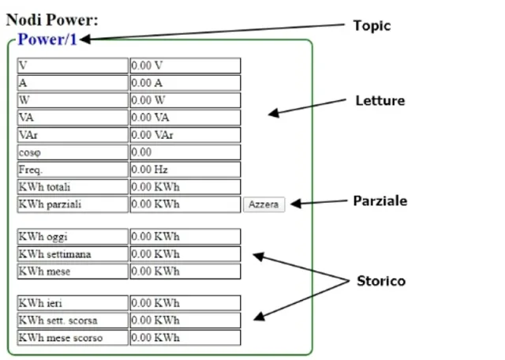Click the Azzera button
coord(264,204)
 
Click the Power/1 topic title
coord(47,40)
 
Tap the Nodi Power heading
coord(52,20)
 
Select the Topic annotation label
coord(372,26)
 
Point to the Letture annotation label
coord(380,101)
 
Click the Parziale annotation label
coord(380,201)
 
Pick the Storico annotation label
coord(381,281)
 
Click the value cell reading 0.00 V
coord(185,66)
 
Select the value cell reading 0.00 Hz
coord(185,170)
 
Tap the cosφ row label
coord(72,152)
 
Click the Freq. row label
coord(72,170)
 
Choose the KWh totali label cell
coord(72,187)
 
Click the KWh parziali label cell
coord(72,204)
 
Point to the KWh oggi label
coord(72,237)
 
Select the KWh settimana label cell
coord(72,254)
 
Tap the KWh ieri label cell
coord(72,303)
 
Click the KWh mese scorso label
coord(72,338)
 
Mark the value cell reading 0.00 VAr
coord(185,135)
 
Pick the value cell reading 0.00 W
coord(185,100)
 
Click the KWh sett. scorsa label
coord(72,321)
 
